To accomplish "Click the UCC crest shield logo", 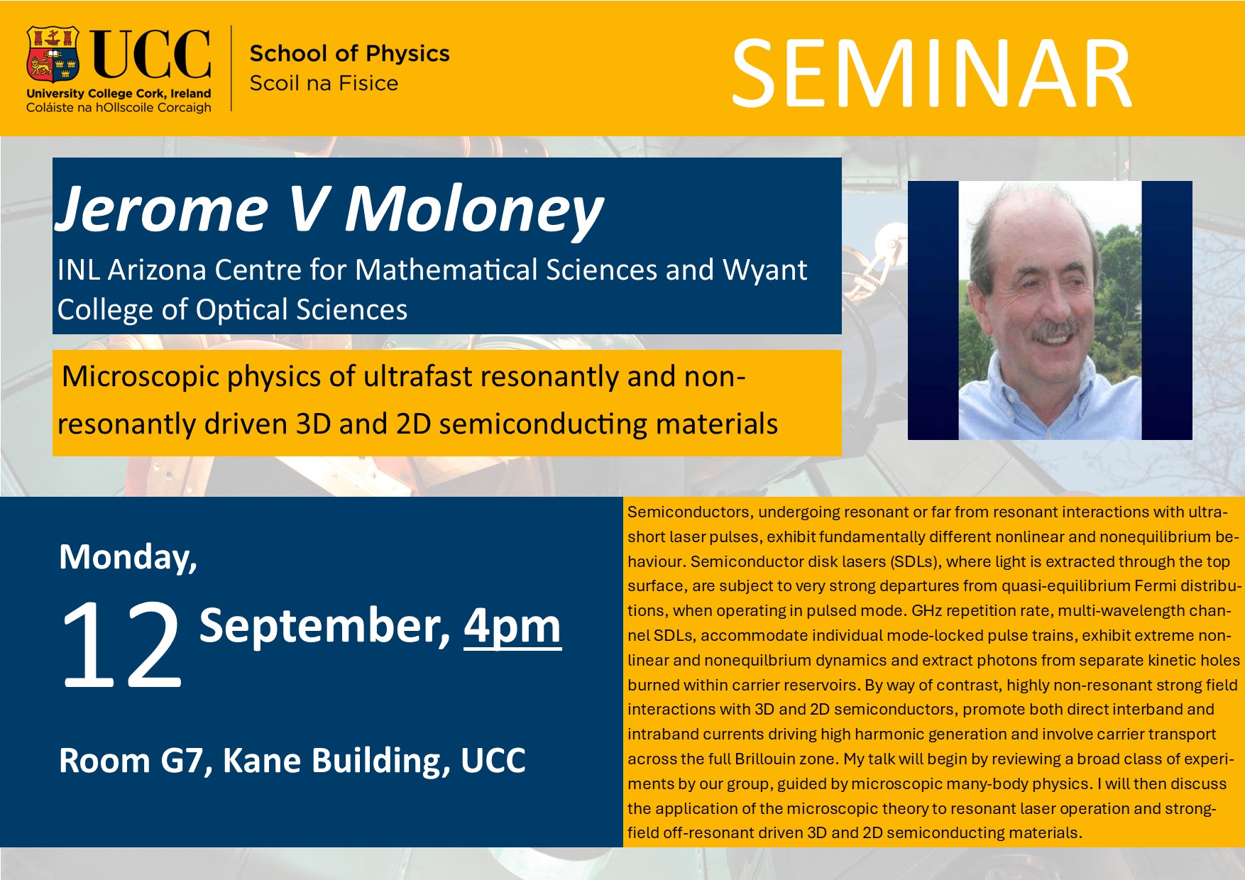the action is coord(53,54).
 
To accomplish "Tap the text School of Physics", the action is coord(349,53).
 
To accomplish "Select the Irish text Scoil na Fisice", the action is coord(324,83).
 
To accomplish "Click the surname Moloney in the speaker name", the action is coord(474,209).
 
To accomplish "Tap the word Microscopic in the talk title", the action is coord(141,377).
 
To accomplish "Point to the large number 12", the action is coord(122,644).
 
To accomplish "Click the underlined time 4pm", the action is coord(512,628).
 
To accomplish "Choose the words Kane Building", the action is coord(336,761).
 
